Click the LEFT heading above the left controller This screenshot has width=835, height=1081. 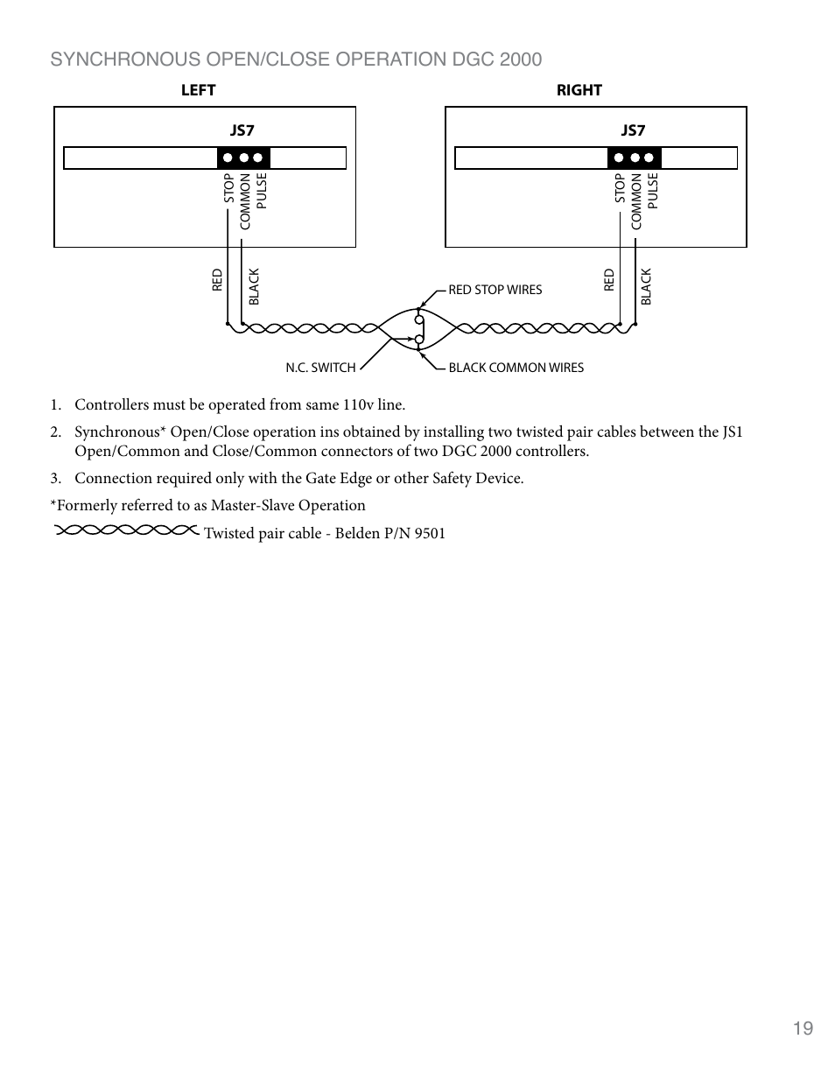[x=198, y=90]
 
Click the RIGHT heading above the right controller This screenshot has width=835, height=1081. [x=579, y=90]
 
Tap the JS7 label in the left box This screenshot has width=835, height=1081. [x=242, y=130]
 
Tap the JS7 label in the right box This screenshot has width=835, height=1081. [x=633, y=130]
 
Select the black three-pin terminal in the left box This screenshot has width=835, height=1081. [x=243, y=158]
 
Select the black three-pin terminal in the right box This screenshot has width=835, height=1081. [x=634, y=158]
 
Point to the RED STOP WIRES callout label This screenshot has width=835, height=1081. [x=495, y=290]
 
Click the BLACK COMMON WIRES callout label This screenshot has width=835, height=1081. [x=516, y=368]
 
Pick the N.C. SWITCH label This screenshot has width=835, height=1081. [x=320, y=368]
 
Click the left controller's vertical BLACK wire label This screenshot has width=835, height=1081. [x=255, y=287]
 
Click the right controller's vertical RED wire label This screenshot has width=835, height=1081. [x=609, y=280]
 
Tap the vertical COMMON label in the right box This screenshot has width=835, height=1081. [x=636, y=201]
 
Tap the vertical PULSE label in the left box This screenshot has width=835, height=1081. [x=261, y=191]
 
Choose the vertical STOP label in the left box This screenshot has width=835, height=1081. [x=229, y=189]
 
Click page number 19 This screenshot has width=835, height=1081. [x=803, y=1028]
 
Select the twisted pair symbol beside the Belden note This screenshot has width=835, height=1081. [x=126, y=530]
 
